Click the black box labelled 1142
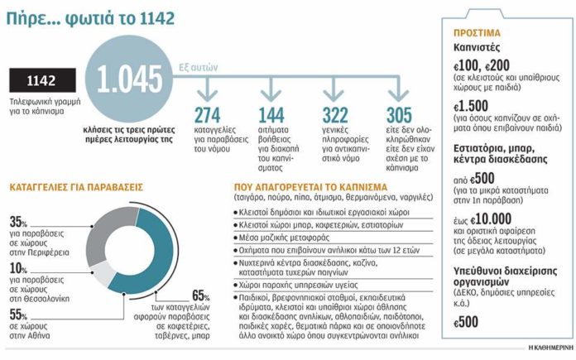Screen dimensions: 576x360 pyautogui.click(x=42, y=80)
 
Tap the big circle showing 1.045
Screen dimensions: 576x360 pyautogui.click(x=129, y=79)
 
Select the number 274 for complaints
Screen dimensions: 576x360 pyautogui.click(x=207, y=115)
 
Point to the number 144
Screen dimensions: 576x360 pyautogui.click(x=271, y=115)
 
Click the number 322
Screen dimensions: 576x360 pyautogui.click(x=335, y=115)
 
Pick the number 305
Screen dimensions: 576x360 pyautogui.click(x=399, y=115)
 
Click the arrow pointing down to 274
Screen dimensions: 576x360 pyautogui.click(x=207, y=89)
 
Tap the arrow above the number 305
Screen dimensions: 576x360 pyautogui.click(x=398, y=89)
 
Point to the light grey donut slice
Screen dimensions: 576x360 pyautogui.click(x=100, y=274)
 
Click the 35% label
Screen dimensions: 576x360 pyautogui.click(x=18, y=223)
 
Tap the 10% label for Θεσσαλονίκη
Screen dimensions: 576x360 pyautogui.click(x=18, y=268)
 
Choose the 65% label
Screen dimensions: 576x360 pyautogui.click(x=200, y=295)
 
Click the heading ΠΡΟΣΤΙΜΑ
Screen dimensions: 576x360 pyautogui.click(x=477, y=33)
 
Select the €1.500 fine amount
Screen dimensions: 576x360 pyautogui.click(x=471, y=106)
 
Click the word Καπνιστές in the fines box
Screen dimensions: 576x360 pyautogui.click(x=477, y=48)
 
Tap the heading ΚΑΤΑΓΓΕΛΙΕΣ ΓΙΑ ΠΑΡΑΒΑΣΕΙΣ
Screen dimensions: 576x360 pyautogui.click(x=76, y=187)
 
